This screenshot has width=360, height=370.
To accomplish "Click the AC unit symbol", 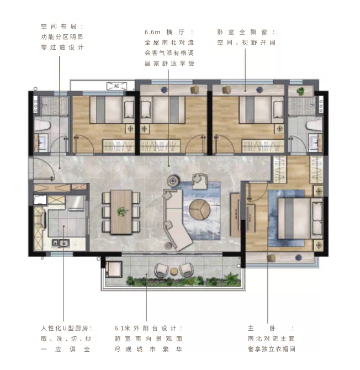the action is pyautogui.click(x=117, y=86).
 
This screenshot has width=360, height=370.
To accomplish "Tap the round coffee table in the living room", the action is pyautogui.click(x=199, y=209).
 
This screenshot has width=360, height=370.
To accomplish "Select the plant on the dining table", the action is pyautogui.click(x=122, y=211).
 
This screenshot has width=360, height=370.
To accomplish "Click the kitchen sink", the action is pyautogui.click(x=61, y=243).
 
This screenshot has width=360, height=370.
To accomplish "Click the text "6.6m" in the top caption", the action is pyautogui.click(x=152, y=32).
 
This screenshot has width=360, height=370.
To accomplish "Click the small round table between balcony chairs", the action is pyautogui.click(x=174, y=271).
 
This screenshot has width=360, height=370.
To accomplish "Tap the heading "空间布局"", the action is pyautogui.click(x=59, y=26).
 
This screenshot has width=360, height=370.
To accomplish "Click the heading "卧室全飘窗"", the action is pyautogui.click(x=242, y=32).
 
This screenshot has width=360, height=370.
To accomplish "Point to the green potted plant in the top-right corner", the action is pyautogui.click(x=300, y=91).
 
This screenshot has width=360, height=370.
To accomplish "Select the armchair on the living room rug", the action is pyautogui.click(x=199, y=181).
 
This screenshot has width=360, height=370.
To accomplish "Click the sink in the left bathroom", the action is pyautogui.click(x=43, y=143).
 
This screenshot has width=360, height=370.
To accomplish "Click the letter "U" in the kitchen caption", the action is pyautogui.click(x=65, y=328).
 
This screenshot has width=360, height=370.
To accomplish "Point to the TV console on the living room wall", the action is pyautogui.click(x=235, y=215).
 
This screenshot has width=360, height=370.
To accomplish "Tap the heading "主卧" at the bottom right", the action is pyautogui.click(x=262, y=328).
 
